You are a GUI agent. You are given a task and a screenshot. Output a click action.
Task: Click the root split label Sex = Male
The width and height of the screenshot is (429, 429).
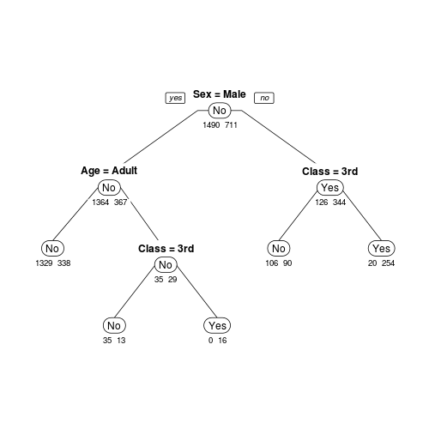[x=220, y=94]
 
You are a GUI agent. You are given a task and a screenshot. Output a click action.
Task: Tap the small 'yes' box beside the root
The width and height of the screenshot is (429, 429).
[x=175, y=98]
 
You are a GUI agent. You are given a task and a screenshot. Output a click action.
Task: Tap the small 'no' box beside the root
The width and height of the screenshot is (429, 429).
[x=264, y=98]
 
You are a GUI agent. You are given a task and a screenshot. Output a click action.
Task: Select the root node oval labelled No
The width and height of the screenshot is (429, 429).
[x=220, y=111]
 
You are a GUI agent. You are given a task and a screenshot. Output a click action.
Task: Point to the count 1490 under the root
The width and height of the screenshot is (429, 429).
[x=211, y=125]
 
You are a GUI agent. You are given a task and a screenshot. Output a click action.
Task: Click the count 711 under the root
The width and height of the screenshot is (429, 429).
[x=231, y=125]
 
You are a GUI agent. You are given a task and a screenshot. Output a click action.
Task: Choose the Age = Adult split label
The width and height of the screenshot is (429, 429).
[x=109, y=171]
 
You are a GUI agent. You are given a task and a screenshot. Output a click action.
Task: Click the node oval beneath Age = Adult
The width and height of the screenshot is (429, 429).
[x=109, y=188]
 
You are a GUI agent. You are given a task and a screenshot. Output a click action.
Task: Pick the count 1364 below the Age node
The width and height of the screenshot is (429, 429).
[x=100, y=202]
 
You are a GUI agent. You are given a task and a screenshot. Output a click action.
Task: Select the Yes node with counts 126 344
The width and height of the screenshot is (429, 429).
[x=330, y=188]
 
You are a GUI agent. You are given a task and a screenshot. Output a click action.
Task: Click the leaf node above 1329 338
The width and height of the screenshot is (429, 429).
[x=52, y=248]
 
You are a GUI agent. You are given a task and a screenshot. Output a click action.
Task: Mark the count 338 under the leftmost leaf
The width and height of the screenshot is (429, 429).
[x=63, y=263]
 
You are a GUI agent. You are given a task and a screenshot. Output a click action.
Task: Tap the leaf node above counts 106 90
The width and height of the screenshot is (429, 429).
[x=279, y=248]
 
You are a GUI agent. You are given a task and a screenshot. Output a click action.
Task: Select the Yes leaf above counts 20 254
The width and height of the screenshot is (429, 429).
[x=382, y=248]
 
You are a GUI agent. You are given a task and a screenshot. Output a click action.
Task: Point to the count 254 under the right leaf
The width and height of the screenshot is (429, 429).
[x=388, y=263]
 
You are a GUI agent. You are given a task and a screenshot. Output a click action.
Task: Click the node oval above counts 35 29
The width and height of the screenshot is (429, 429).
[x=166, y=265]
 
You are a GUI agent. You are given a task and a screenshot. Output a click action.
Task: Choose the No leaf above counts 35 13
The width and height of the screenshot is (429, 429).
[x=114, y=325]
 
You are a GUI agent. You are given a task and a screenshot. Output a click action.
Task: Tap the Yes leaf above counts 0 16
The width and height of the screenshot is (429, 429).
[x=217, y=325]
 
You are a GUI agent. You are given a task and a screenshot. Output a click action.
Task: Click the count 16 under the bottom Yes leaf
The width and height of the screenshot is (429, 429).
[x=222, y=341]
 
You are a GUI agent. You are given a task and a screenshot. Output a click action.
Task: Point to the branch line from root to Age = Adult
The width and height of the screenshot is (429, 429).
[x=161, y=136]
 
